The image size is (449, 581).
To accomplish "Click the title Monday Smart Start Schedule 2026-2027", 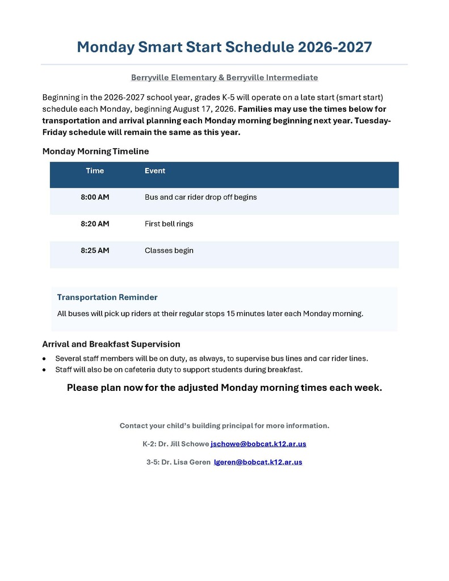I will pos(224,47).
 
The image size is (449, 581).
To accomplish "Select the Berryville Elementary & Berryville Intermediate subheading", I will pos(224,77).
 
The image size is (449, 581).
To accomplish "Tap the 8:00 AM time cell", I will pos(95,197).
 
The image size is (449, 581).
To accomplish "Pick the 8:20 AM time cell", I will pos(95,224).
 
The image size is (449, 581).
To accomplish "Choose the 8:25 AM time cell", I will pos(95,250).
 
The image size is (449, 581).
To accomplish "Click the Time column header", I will pos(95,171).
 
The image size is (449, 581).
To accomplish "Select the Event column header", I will pos(155,171).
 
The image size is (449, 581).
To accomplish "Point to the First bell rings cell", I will pos(169,224).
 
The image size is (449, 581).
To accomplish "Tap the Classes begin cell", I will pos(169,250).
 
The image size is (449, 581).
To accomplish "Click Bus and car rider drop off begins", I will pos(201,197).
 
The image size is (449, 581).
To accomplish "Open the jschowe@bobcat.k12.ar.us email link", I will pos(258,444).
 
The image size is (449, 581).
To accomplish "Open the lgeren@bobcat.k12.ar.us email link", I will pos(258,462).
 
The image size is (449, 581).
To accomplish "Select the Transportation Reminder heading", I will pos(107,297).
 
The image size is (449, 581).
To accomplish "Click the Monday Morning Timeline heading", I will pos(95,151).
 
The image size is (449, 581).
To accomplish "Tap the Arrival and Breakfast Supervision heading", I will pos(111,344).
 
